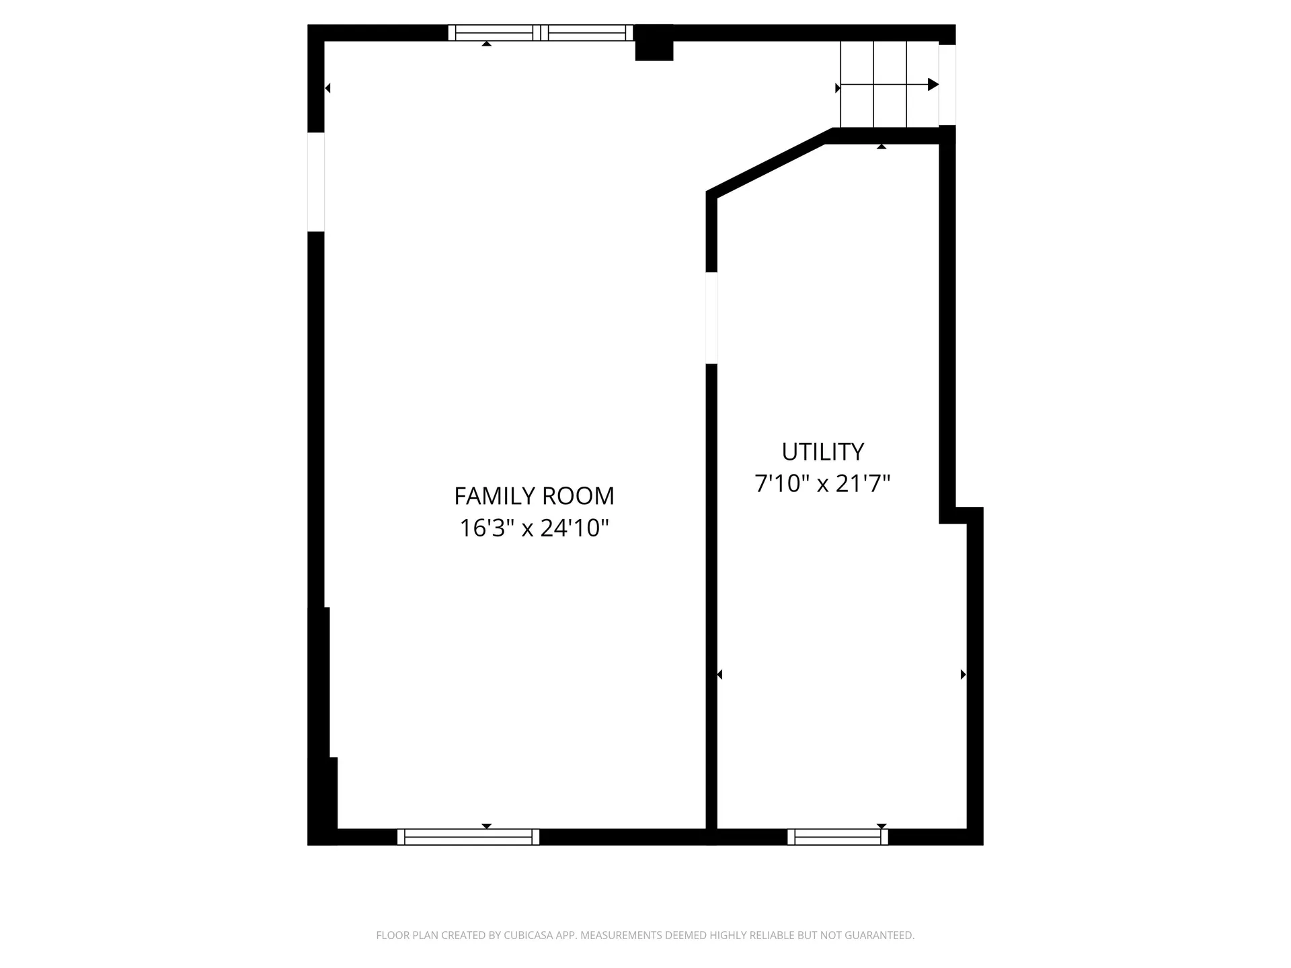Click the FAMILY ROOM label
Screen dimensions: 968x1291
coord(534,496)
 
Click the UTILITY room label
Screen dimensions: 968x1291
coord(822,452)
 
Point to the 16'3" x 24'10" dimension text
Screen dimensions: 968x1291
coord(534,528)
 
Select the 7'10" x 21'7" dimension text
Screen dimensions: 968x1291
coord(822,484)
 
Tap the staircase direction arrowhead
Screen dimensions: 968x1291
coord(933,85)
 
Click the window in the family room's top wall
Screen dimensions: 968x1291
coord(541,33)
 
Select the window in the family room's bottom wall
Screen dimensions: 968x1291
coord(468,837)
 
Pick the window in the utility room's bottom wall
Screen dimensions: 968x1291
coord(838,837)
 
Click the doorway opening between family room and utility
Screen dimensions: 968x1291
coord(711,317)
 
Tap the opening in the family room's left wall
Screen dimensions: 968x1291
coord(316,182)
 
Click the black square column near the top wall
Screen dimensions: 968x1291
coord(654,44)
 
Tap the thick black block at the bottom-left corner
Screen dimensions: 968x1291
coord(323,800)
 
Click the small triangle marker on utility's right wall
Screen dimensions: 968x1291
coord(963,674)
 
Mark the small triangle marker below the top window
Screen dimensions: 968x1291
coord(486,44)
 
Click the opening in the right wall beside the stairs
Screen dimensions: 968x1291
coord(947,85)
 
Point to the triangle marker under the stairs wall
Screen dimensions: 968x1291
coord(882,147)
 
